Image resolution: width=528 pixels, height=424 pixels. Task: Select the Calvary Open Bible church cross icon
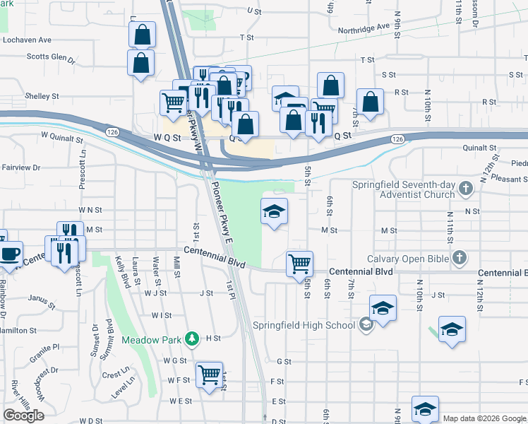(x=460, y=258)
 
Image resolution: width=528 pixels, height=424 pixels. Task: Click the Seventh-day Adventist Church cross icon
(x=465, y=189)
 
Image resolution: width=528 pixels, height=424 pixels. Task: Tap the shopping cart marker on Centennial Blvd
(x=299, y=264)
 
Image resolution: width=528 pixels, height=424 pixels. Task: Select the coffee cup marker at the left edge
(x=10, y=254)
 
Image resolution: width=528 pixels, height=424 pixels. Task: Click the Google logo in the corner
(x=23, y=416)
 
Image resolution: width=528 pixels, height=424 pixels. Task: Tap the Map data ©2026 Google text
(x=484, y=418)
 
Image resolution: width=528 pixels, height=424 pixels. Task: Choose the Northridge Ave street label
(x=364, y=26)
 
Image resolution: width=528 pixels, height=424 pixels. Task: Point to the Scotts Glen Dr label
(x=50, y=57)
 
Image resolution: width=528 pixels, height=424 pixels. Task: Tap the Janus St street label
(x=42, y=298)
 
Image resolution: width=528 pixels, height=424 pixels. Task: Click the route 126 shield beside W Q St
(x=112, y=132)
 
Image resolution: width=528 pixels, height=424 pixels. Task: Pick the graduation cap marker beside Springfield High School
(x=383, y=308)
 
